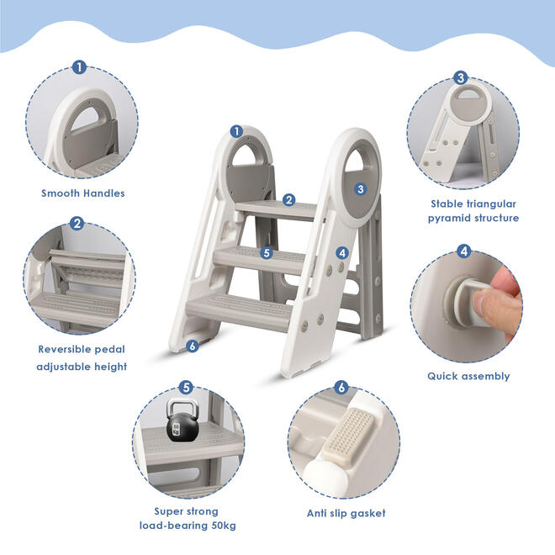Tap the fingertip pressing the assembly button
click(482, 300)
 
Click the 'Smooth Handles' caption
click(83, 193)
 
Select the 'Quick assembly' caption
click(468, 376)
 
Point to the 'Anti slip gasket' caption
click(346, 513)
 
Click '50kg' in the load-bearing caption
click(224, 526)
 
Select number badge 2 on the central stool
click(289, 200)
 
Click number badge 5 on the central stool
click(267, 253)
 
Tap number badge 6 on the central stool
click(193, 346)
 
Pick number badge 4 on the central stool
click(342, 253)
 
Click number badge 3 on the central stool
click(360, 189)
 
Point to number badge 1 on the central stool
click(236, 132)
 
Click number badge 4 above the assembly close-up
click(463, 251)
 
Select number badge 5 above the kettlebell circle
click(186, 388)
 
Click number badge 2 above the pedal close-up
click(77, 224)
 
